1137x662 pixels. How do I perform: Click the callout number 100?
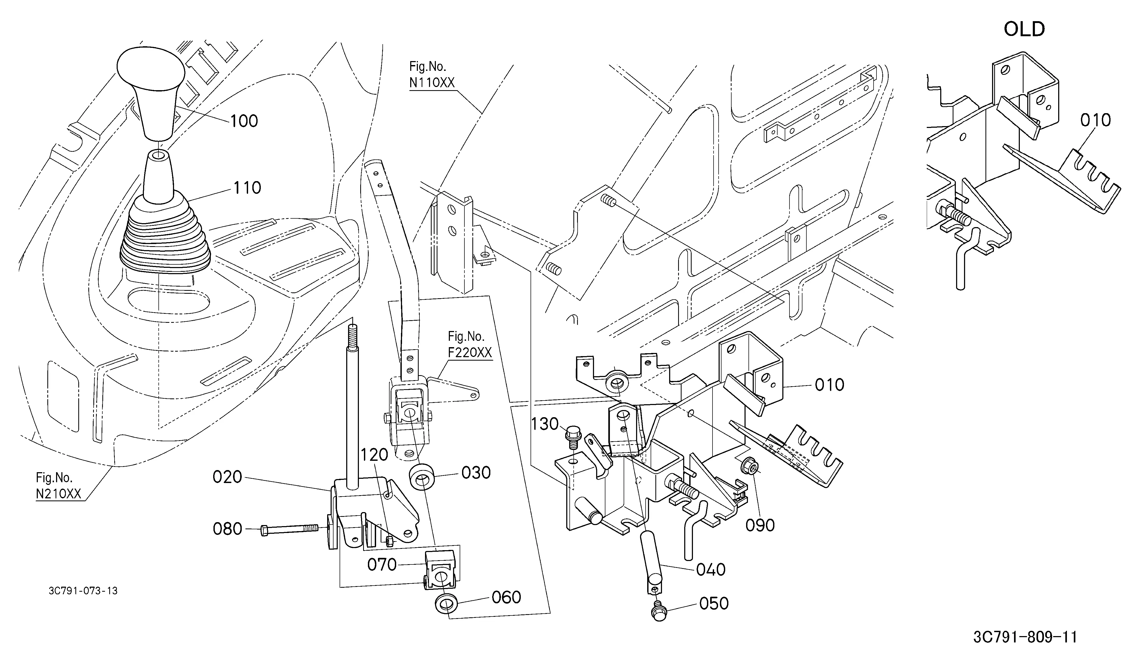click(244, 121)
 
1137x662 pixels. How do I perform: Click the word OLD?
click(1024, 29)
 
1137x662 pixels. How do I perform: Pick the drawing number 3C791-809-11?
click(1025, 637)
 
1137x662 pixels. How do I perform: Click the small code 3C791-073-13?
click(83, 591)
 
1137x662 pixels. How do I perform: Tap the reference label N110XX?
click(432, 83)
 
